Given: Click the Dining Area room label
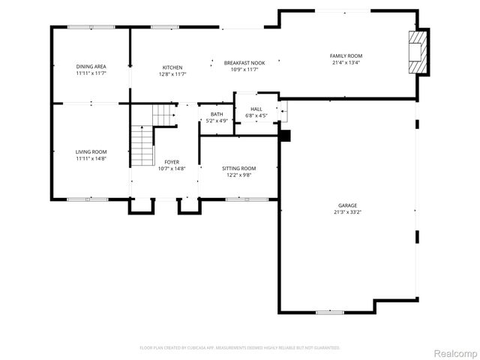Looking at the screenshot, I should [91, 67].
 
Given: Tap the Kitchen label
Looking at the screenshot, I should [172, 67].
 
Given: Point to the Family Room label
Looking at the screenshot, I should [346, 56].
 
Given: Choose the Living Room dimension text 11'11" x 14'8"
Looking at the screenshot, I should [91, 158].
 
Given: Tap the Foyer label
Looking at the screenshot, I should [172, 162].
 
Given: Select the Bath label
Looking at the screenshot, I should [216, 114].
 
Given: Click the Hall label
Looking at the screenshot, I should [256, 109].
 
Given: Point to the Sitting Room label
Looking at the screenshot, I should [238, 168].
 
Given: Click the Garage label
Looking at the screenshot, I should [346, 205].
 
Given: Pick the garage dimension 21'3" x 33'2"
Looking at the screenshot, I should [346, 211].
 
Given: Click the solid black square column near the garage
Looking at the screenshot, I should [284, 136].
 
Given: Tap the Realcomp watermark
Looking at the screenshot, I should [454, 352].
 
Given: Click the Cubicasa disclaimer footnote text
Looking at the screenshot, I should [240, 348].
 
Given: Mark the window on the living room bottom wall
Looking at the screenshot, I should [87, 199].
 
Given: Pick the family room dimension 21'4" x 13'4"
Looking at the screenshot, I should [346, 63].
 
